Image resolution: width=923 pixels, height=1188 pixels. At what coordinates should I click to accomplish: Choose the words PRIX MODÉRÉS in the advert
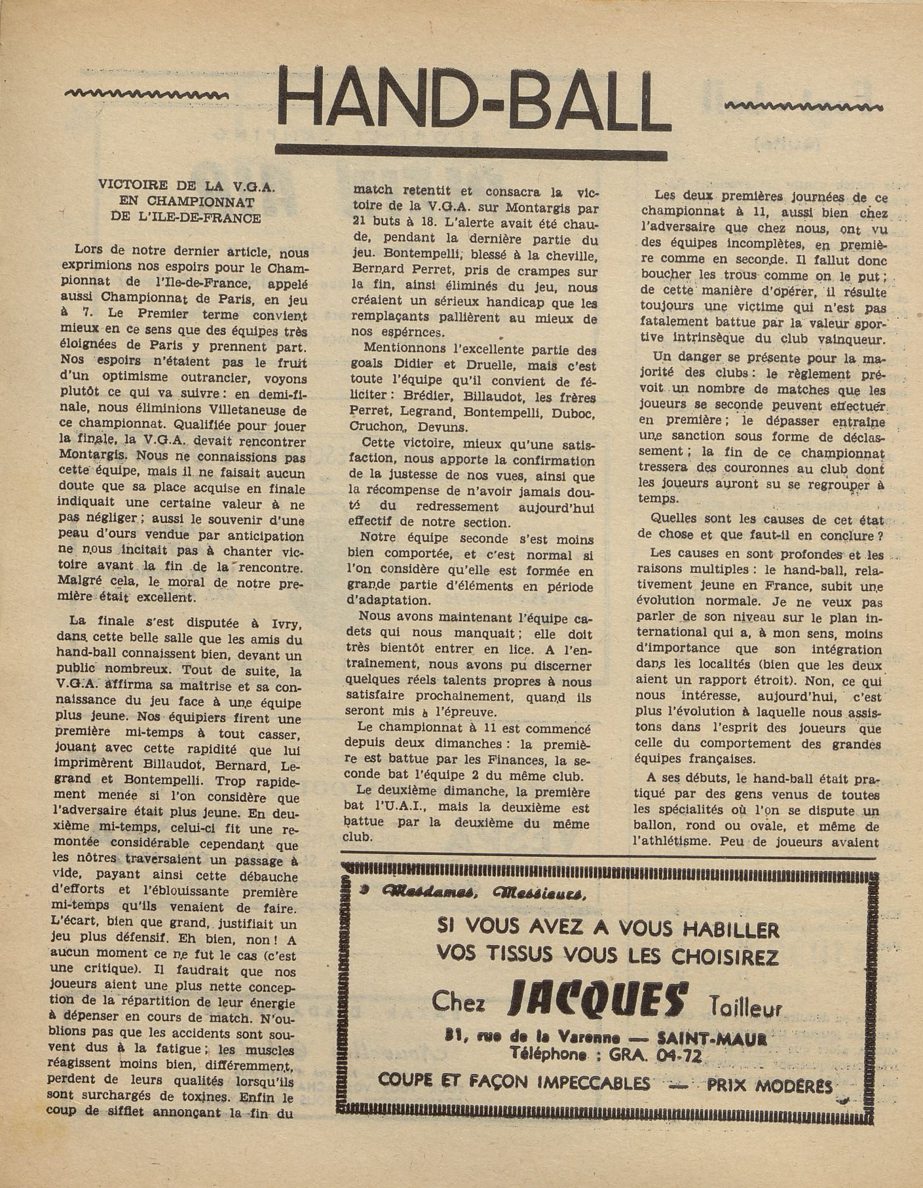click(x=770, y=1087)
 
